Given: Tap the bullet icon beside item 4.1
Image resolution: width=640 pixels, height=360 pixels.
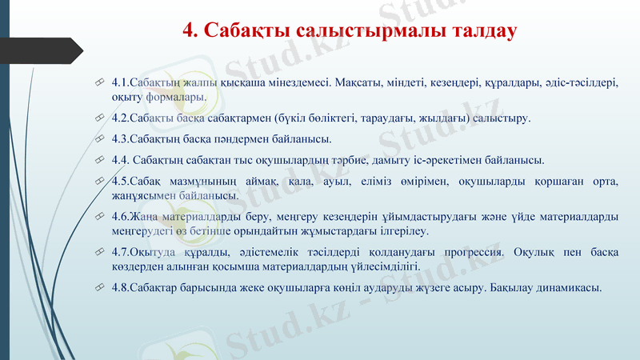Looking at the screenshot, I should click(x=98, y=82).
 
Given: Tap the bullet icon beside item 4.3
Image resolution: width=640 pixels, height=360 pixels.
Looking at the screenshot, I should click(x=98, y=138).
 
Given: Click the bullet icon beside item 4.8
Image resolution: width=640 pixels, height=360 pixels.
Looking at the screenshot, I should click(x=98, y=287).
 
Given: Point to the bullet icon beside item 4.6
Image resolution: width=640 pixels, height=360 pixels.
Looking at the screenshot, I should click(x=98, y=216).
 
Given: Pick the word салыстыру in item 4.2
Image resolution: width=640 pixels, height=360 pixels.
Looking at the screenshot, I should click(x=502, y=118).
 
